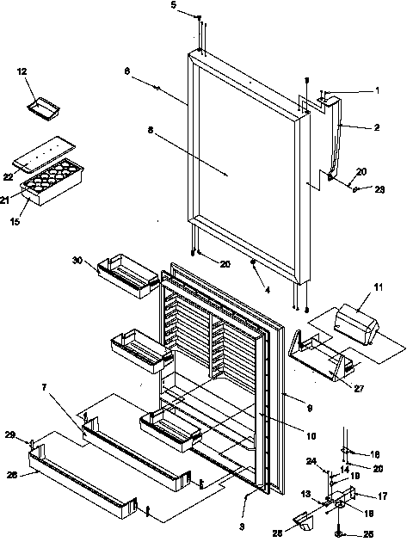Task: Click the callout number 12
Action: (22, 71)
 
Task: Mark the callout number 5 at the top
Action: (173, 6)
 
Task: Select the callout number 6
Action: (128, 74)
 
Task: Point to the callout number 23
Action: (379, 190)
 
